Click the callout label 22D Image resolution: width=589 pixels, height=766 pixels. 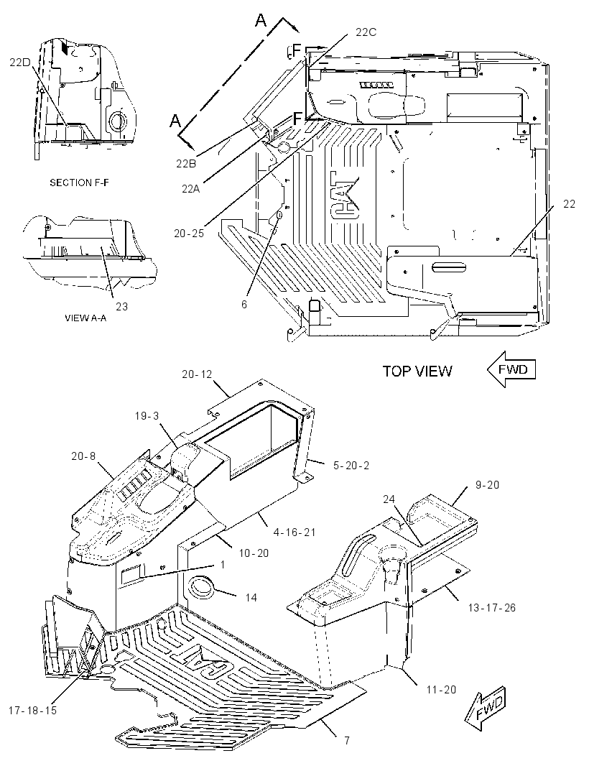pyautogui.click(x=19, y=62)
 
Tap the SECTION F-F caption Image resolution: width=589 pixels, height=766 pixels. pyautogui.click(x=79, y=183)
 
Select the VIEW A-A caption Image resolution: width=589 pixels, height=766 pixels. pyautogui.click(x=85, y=318)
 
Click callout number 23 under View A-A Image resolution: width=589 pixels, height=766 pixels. pyautogui.click(x=121, y=306)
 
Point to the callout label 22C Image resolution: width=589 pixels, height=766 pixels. pyautogui.click(x=366, y=32)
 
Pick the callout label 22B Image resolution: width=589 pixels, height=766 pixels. pyautogui.click(x=186, y=164)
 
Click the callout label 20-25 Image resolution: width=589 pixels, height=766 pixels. pyautogui.click(x=189, y=234)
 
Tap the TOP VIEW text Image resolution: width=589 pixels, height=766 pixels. pyautogui.click(x=417, y=372)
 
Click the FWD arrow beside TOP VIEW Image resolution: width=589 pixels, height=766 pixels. pyautogui.click(x=511, y=369)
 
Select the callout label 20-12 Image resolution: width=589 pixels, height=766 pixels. pyautogui.click(x=197, y=374)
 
